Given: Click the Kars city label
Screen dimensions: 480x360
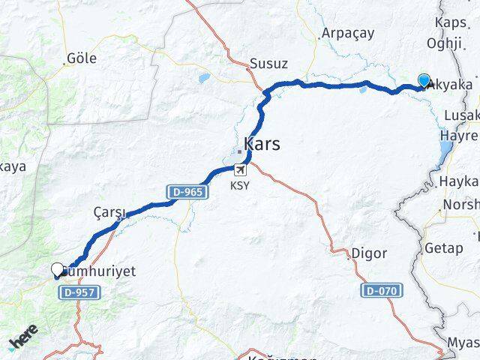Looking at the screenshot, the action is (262, 143).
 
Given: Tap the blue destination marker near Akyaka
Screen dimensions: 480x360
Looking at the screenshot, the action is (424, 81).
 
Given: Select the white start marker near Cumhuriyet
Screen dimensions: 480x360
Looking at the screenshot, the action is (58, 270).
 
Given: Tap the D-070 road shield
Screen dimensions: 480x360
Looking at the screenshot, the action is (382, 290).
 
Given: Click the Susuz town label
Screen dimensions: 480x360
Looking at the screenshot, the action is (268, 64).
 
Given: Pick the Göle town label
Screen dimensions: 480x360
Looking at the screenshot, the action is (82, 58).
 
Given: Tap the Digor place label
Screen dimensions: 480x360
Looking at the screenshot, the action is (370, 254).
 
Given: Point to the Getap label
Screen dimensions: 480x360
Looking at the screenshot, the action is (444, 248).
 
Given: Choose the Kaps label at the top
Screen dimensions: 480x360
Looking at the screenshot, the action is (449, 22).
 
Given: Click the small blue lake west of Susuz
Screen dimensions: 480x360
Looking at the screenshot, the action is (204, 77).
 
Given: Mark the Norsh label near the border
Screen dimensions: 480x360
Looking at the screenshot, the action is (460, 205).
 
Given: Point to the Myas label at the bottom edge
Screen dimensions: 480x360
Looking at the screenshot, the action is (462, 343).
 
